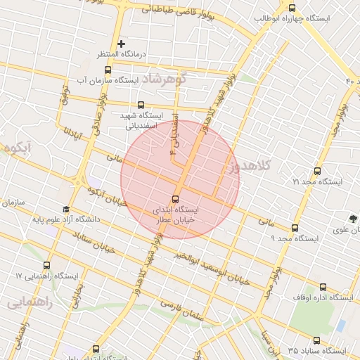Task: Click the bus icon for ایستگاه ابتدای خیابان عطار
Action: tap(175, 198)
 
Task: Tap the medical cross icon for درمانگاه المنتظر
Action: tap(121, 44)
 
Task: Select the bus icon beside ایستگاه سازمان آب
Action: tap(108, 70)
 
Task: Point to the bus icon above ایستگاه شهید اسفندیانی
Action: tap(141, 104)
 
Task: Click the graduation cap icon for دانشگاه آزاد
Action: tap(66, 209)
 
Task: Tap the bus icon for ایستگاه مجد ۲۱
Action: tap(316, 171)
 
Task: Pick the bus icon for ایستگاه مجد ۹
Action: tap(295, 228)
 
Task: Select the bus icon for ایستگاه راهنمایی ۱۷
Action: tap(46, 266)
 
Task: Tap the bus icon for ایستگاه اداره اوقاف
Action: tap(323, 287)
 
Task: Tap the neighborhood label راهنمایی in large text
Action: tap(29, 303)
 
